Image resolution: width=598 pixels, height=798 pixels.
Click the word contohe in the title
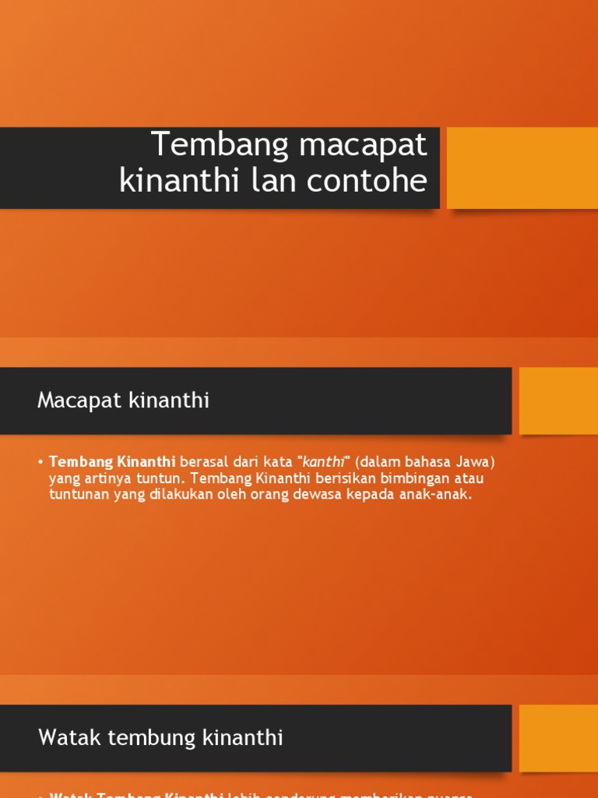point(370,181)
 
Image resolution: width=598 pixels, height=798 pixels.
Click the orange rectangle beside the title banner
point(522,168)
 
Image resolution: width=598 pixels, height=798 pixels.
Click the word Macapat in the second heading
point(73,401)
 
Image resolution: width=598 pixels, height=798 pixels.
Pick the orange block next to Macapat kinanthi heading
point(558,401)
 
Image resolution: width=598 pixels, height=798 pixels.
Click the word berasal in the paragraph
point(204,461)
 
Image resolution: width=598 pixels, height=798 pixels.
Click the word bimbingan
point(417,478)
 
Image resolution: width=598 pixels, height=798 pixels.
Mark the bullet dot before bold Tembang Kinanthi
point(40,461)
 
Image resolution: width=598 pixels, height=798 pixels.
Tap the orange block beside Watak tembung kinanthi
point(558,738)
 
